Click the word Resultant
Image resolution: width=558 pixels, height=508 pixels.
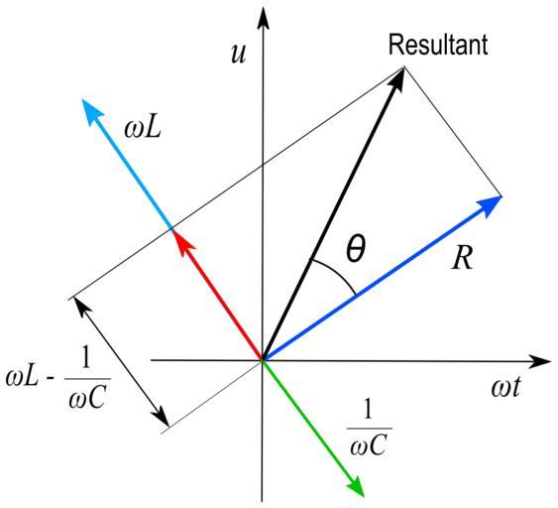coord(438,45)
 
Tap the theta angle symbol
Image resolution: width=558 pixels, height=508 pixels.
coord(356,248)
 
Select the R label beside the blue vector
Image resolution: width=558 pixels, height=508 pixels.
coord(463,258)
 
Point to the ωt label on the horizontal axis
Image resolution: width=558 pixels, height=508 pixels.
coord(505,387)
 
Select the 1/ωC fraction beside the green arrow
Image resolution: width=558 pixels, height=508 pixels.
coord(369,428)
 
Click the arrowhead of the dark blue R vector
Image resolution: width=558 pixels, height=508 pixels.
coord(490,205)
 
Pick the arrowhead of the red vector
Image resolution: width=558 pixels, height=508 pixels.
coord(182,241)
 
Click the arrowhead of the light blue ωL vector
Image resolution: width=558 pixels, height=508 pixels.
coord(91,111)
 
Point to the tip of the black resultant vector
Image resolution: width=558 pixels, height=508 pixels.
coord(404,67)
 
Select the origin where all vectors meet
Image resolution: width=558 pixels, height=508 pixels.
coord(263,360)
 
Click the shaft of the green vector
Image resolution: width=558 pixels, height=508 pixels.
coord(308,422)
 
